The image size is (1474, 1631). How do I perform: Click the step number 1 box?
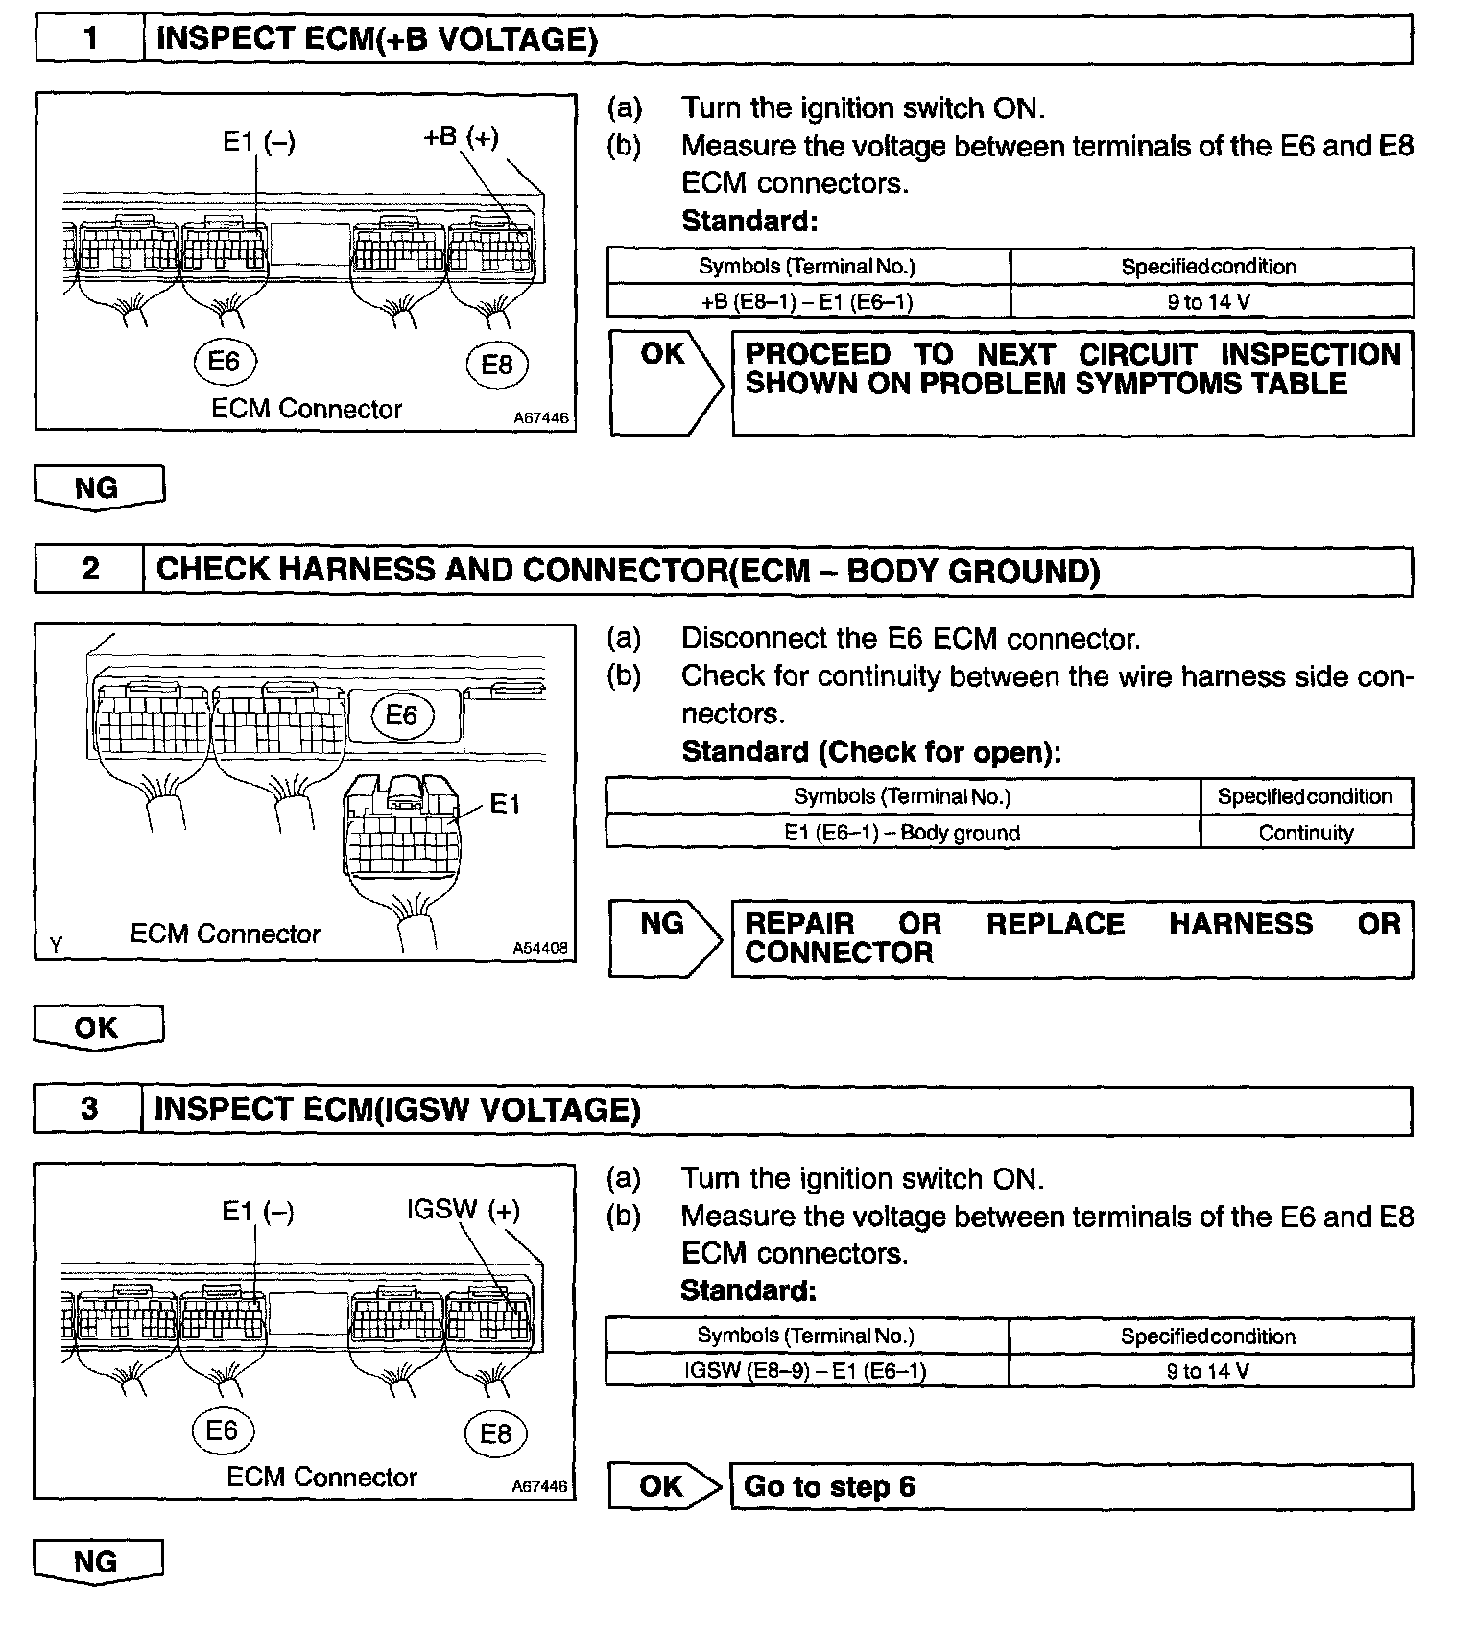(x=90, y=39)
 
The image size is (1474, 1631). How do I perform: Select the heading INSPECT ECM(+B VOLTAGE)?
(x=376, y=39)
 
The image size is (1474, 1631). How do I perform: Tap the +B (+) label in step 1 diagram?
(x=461, y=137)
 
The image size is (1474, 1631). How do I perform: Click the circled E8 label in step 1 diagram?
(x=496, y=365)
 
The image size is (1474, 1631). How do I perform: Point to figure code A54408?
(x=540, y=948)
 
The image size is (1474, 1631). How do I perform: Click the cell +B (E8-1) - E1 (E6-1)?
(x=807, y=302)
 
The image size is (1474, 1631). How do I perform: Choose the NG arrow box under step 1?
(x=98, y=487)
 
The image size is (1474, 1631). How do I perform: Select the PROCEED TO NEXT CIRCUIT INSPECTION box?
(x=1072, y=383)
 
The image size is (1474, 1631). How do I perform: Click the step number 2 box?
(x=89, y=570)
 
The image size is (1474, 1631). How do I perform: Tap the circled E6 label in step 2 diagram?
(x=401, y=716)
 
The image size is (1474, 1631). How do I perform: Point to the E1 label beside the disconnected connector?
(x=505, y=804)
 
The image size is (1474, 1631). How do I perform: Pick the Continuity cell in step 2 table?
(x=1305, y=833)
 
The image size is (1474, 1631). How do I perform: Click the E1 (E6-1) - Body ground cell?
(x=902, y=833)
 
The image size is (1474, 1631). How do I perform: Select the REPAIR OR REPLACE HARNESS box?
(x=1072, y=938)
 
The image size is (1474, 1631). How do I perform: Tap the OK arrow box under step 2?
(x=97, y=1028)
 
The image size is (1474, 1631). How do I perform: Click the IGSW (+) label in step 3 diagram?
(x=464, y=1210)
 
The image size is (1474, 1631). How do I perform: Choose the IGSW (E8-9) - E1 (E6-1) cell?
(x=805, y=1371)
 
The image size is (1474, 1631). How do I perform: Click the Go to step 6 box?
(x=1071, y=1486)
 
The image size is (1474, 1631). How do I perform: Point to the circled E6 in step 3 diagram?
(x=222, y=1430)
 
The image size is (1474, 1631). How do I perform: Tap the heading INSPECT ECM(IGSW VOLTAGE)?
(x=396, y=1109)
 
